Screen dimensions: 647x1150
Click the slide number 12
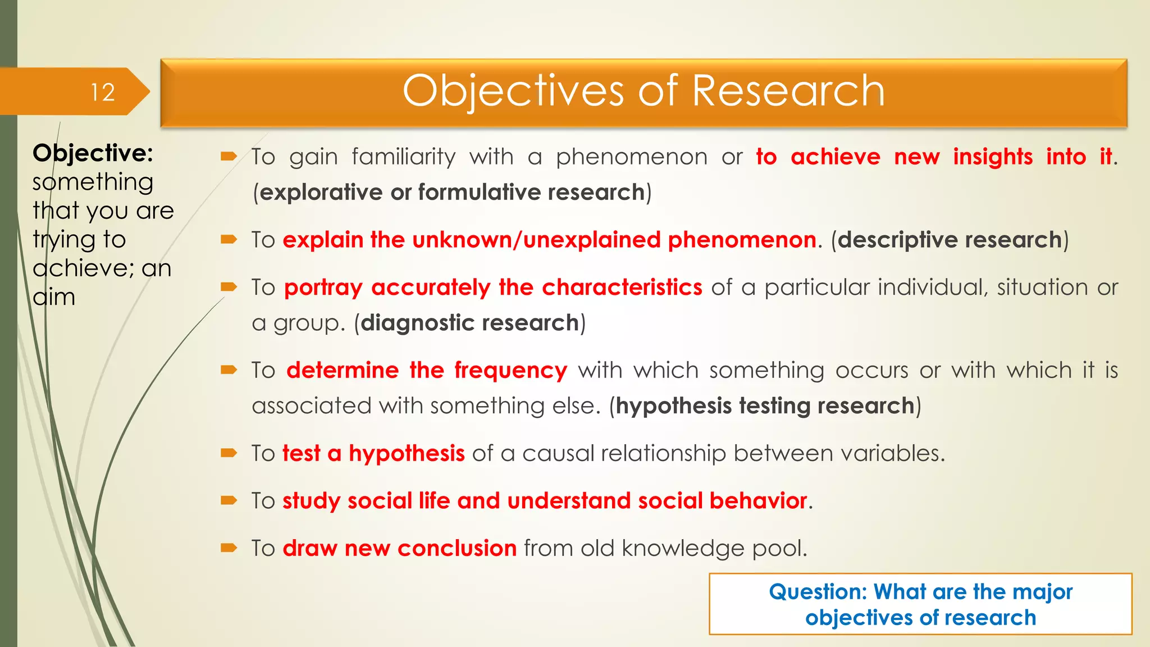pos(103,92)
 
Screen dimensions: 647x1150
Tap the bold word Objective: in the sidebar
pos(93,153)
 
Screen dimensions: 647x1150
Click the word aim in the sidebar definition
pos(54,297)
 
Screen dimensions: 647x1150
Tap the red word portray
pos(323,288)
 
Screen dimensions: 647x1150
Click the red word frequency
pos(510,371)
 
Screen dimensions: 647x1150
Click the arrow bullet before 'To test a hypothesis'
pos(229,453)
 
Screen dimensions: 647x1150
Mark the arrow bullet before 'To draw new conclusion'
pos(229,548)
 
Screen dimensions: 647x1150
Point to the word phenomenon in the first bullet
pos(631,157)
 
